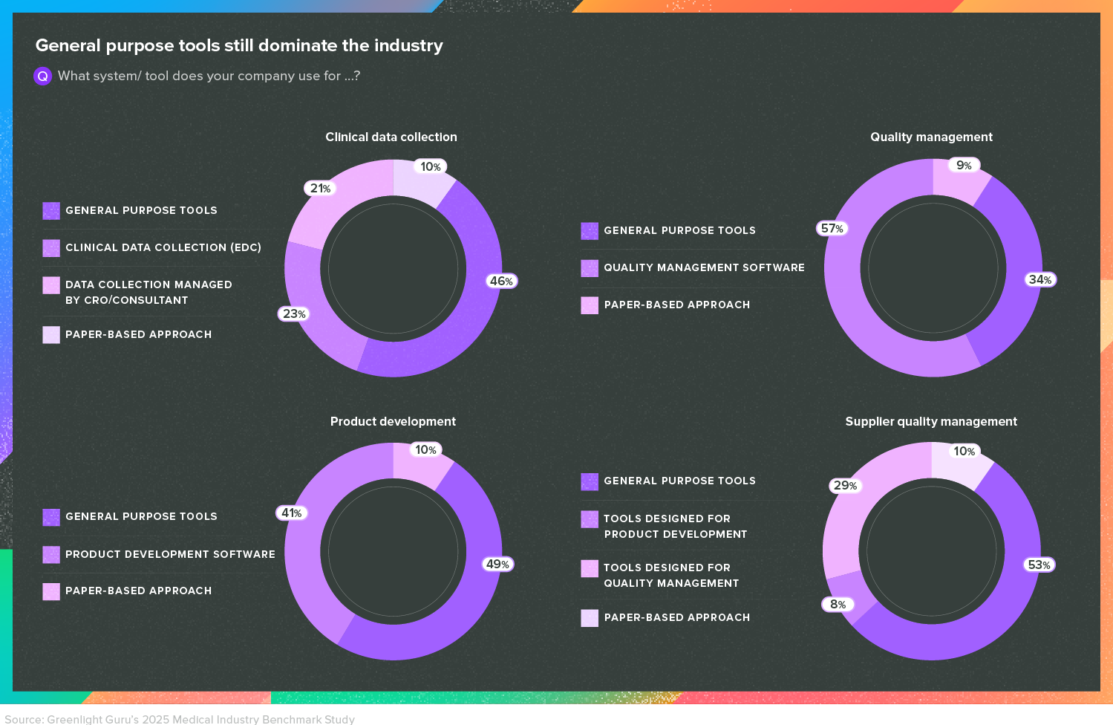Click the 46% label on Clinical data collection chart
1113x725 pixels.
(x=501, y=281)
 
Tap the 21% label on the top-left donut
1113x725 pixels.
(x=320, y=188)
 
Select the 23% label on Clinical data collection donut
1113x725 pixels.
(x=294, y=313)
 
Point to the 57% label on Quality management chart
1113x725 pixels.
(x=832, y=228)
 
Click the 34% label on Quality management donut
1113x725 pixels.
(x=1040, y=279)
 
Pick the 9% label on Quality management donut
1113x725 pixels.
(x=964, y=165)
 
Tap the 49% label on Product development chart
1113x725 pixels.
(x=497, y=564)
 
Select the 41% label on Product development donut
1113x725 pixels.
(x=292, y=513)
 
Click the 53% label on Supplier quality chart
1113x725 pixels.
(x=1039, y=565)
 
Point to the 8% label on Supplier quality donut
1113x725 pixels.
(x=838, y=604)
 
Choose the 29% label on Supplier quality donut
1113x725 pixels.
(x=845, y=485)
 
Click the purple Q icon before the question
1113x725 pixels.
(x=43, y=76)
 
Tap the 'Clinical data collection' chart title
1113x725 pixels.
(x=391, y=137)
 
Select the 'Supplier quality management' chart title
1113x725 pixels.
(x=931, y=421)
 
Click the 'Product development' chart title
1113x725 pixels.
(x=393, y=421)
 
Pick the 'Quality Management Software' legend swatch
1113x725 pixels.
(x=590, y=268)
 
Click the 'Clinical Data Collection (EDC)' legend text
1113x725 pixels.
(x=163, y=247)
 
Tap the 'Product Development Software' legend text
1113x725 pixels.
(x=170, y=554)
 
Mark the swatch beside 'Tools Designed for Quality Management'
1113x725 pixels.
(x=590, y=568)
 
